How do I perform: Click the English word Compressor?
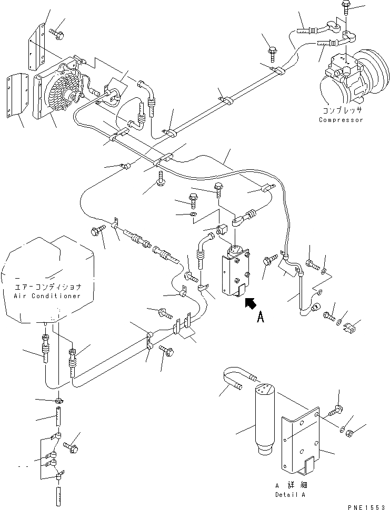coord(341,120)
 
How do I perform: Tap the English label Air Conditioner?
coord(47,296)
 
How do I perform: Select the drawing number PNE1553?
coord(368,507)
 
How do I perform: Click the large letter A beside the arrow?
coord(261,317)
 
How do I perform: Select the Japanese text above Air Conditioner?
coord(48,287)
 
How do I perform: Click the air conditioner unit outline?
coord(47,280)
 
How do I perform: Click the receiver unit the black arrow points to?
coord(236,270)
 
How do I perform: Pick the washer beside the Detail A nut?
coord(343,429)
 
